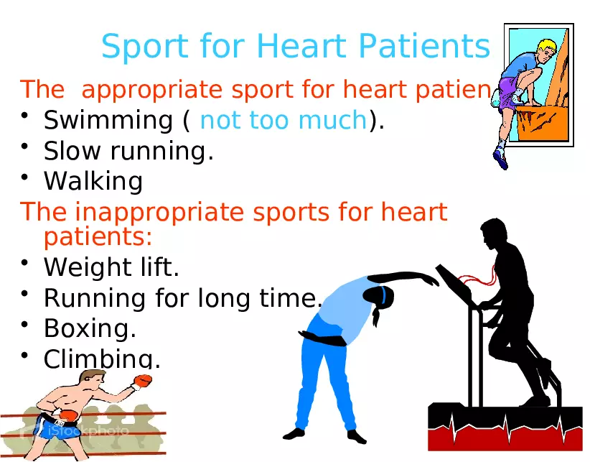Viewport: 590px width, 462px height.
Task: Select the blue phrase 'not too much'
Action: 284,121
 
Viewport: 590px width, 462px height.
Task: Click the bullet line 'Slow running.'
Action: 128,151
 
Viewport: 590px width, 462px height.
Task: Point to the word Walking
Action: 93,181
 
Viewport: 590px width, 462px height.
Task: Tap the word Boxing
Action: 90,328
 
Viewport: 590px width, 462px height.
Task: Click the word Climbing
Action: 102,358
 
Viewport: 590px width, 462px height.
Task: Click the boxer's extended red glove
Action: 143,381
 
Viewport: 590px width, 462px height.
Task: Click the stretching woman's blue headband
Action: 385,295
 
